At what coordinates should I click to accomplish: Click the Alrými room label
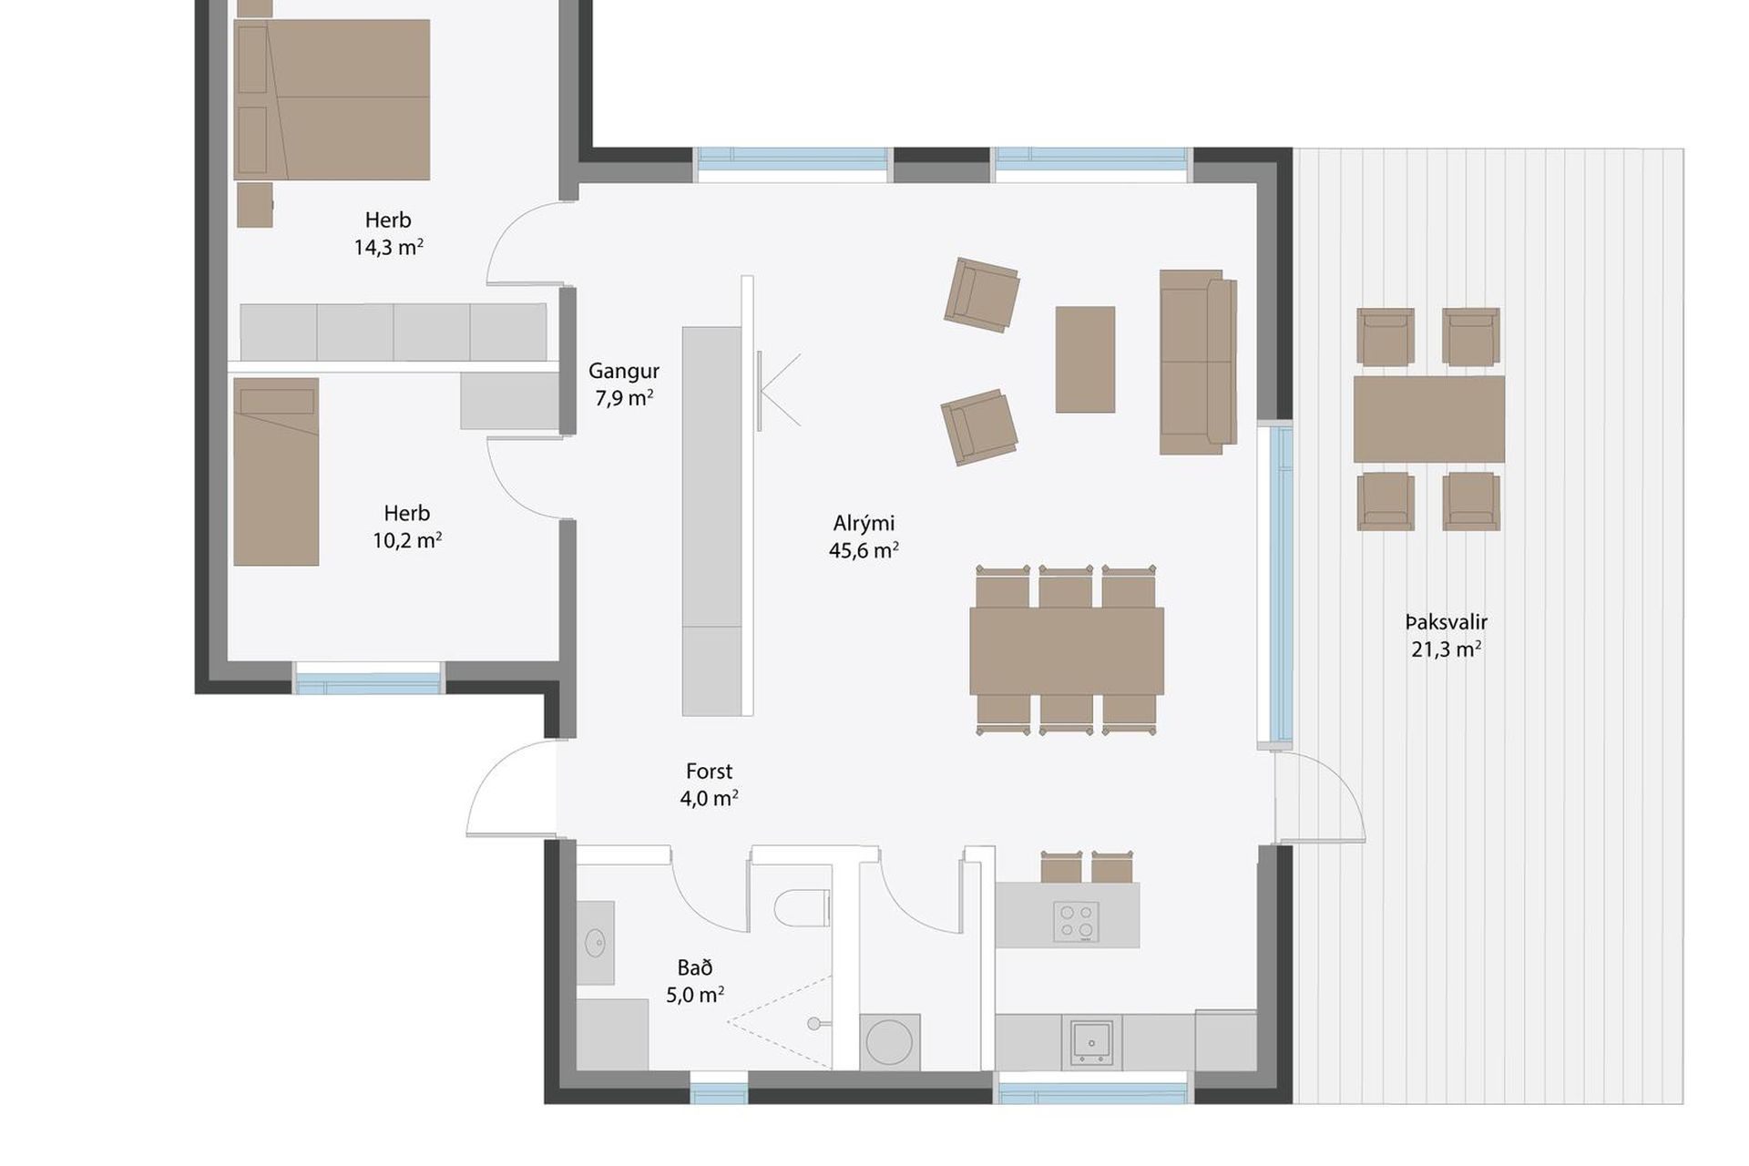pyautogui.click(x=864, y=524)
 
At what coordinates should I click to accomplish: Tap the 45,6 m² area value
pyautogui.click(x=864, y=550)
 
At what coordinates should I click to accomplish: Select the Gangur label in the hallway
pyautogui.click(x=624, y=371)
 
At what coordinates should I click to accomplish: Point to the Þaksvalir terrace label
pyautogui.click(x=1446, y=623)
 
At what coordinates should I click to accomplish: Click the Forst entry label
pyautogui.click(x=709, y=772)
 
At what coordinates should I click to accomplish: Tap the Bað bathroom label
pyautogui.click(x=695, y=967)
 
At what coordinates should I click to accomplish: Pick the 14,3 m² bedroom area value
pyautogui.click(x=389, y=247)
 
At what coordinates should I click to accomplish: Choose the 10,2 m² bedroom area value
pyautogui.click(x=407, y=540)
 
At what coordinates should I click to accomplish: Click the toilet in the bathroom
pyautogui.click(x=802, y=907)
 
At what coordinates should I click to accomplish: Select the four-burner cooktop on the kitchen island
pyautogui.click(x=1076, y=921)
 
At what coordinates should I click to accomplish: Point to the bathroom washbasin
pyautogui.click(x=595, y=943)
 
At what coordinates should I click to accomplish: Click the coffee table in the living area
pyautogui.click(x=1085, y=359)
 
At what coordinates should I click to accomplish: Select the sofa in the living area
pyautogui.click(x=1198, y=362)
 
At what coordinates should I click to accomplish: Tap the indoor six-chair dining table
pyautogui.click(x=1067, y=651)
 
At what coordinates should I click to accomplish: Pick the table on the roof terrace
pyautogui.click(x=1428, y=419)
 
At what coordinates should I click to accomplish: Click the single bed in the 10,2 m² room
pyautogui.click(x=276, y=472)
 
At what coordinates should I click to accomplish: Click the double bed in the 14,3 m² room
pyautogui.click(x=332, y=99)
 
